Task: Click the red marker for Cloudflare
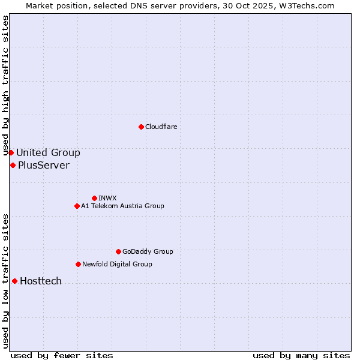pyautogui.click(x=141, y=127)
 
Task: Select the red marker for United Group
pyautogui.click(x=11, y=152)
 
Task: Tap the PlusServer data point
pyautogui.click(x=13, y=165)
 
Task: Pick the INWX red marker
pyautogui.click(x=94, y=198)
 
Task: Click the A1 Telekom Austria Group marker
pyautogui.click(x=77, y=206)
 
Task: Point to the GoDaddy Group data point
pyautogui.click(x=118, y=251)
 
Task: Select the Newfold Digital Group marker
pyautogui.click(x=78, y=264)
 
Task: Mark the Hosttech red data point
pyautogui.click(x=14, y=281)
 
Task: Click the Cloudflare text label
pyautogui.click(x=161, y=127)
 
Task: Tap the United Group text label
pyautogui.click(x=48, y=152)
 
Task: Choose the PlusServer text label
pyautogui.click(x=43, y=165)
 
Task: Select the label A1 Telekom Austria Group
pyautogui.click(x=122, y=206)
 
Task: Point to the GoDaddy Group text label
pyautogui.click(x=148, y=251)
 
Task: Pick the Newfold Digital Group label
pyautogui.click(x=117, y=264)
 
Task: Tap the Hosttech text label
pyautogui.click(x=41, y=281)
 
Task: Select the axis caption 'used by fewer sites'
pyautogui.click(x=62, y=355)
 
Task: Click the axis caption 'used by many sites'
pyautogui.click(x=301, y=355)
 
